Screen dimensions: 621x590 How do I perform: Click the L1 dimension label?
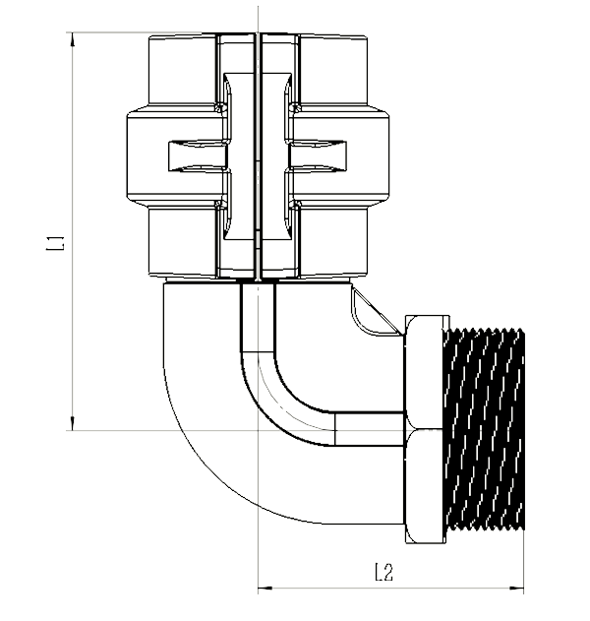point(56,242)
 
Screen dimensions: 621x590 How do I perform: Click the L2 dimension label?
point(384,571)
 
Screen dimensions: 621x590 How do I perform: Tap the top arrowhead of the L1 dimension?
point(72,39)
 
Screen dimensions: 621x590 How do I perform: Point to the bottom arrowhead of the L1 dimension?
point(72,423)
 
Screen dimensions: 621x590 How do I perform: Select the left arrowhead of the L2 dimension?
point(264,590)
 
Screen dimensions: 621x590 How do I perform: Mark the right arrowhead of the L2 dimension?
point(518,590)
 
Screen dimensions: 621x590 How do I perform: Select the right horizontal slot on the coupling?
point(320,156)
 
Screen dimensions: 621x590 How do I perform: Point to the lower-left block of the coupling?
point(182,241)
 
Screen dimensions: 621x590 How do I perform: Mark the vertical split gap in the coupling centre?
point(257,157)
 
